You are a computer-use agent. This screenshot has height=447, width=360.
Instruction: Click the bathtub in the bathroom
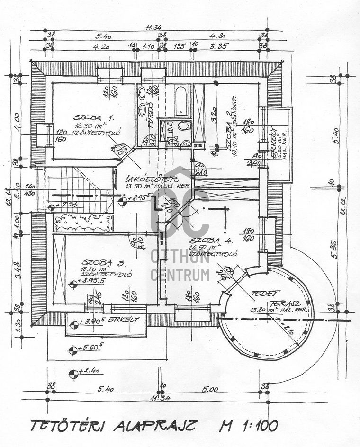[182, 100]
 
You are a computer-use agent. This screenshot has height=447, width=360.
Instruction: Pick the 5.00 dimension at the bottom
[209, 390]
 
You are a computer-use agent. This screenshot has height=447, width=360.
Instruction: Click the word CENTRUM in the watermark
[180, 274]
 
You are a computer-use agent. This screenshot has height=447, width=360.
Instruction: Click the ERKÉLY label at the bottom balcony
[124, 320]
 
